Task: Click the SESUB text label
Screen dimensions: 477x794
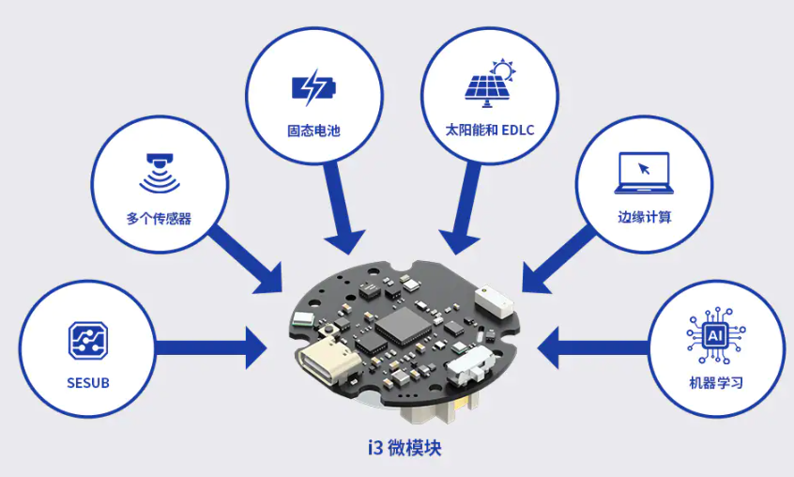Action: (87, 382)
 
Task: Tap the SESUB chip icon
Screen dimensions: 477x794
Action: (87, 340)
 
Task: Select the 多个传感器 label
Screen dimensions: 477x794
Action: (159, 219)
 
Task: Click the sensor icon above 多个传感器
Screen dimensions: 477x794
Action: (159, 171)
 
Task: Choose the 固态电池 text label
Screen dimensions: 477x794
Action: (313, 131)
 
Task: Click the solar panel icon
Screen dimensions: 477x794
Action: (489, 83)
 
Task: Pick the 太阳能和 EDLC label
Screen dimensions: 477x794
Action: (489, 131)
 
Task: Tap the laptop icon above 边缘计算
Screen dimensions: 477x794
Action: (643, 172)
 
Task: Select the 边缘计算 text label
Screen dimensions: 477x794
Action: (643, 219)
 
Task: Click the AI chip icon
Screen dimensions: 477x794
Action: (715, 333)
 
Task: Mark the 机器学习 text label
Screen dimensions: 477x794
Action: (715, 382)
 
